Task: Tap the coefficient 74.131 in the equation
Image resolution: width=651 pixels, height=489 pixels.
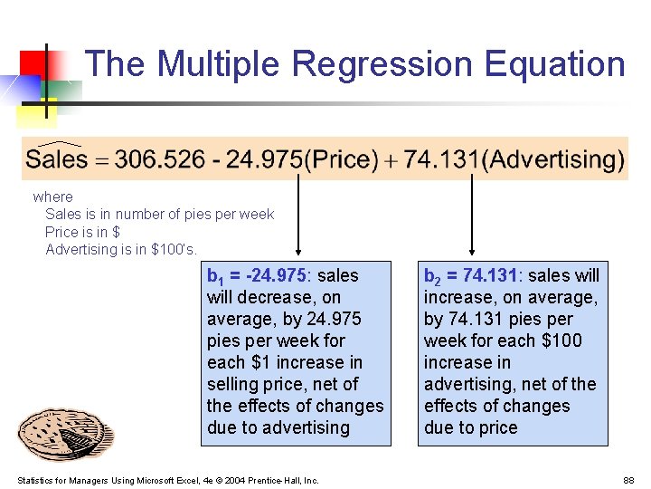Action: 442,160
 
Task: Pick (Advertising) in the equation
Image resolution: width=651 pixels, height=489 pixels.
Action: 552,160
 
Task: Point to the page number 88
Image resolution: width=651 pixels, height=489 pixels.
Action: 628,480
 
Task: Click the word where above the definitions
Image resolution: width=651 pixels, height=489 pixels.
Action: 52,197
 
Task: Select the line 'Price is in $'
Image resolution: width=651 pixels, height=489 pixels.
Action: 82,232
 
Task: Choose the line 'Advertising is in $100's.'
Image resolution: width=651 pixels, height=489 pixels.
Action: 120,249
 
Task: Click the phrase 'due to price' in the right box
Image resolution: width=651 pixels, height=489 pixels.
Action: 470,427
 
